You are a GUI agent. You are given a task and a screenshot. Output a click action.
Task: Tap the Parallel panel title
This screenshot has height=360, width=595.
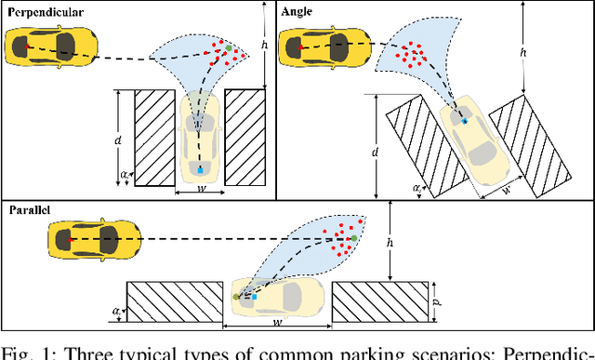pyautogui.click(x=30, y=211)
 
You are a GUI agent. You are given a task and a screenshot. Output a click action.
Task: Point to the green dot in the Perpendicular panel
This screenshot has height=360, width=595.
pyautogui.click(x=228, y=48)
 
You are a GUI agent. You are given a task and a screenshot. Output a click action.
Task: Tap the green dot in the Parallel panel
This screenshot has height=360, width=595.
pyautogui.click(x=353, y=240)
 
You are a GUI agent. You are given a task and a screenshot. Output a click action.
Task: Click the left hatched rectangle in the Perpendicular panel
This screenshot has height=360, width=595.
pyautogui.click(x=156, y=137)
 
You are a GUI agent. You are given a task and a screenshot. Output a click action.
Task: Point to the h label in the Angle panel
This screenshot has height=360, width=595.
pyautogui.click(x=523, y=52)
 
